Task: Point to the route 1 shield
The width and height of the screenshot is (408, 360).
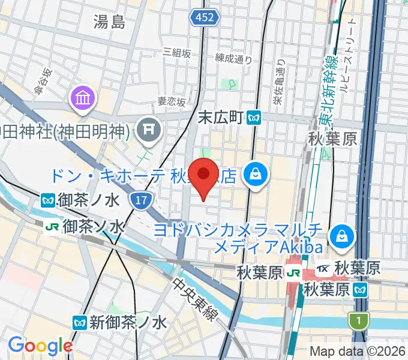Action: (358, 322)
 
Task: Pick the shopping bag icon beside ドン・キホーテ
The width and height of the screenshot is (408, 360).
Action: (256, 175)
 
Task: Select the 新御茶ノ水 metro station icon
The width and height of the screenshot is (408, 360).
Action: (79, 322)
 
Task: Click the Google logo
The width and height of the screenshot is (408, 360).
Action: (40, 346)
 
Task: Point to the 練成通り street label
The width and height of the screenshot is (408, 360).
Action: (233, 58)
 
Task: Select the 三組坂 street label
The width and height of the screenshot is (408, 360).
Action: (176, 53)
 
